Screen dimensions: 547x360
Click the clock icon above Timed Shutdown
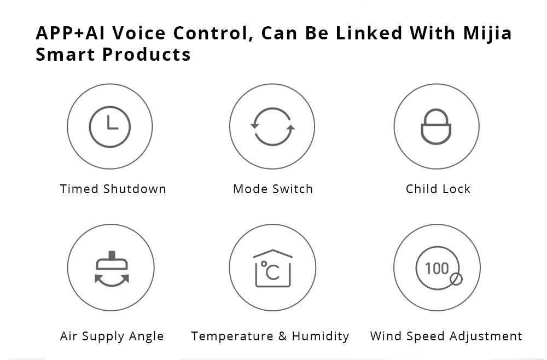110,126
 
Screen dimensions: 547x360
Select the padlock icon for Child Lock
436,126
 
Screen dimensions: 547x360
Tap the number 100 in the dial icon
437,269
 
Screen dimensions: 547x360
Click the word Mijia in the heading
487,34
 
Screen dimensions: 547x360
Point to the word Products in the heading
147,54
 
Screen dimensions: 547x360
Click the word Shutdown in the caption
135,189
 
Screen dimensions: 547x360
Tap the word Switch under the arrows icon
293,189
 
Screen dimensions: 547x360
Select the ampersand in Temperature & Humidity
283,336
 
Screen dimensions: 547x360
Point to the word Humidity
320,336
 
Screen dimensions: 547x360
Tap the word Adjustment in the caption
486,336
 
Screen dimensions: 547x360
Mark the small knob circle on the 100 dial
456,279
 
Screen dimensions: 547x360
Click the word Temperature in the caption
232,336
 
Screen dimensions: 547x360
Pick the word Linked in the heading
369,33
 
